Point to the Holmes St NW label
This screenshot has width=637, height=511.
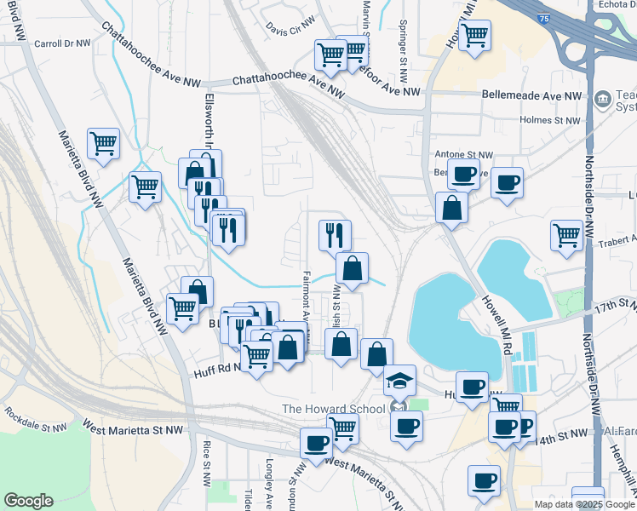tap(549, 121)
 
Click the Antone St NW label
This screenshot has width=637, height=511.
tap(464, 155)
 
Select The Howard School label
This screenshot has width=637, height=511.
tap(333, 409)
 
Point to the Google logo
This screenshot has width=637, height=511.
tap(28, 501)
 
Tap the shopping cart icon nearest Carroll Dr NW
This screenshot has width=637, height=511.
tap(103, 143)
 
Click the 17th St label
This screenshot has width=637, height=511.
tap(616, 305)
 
